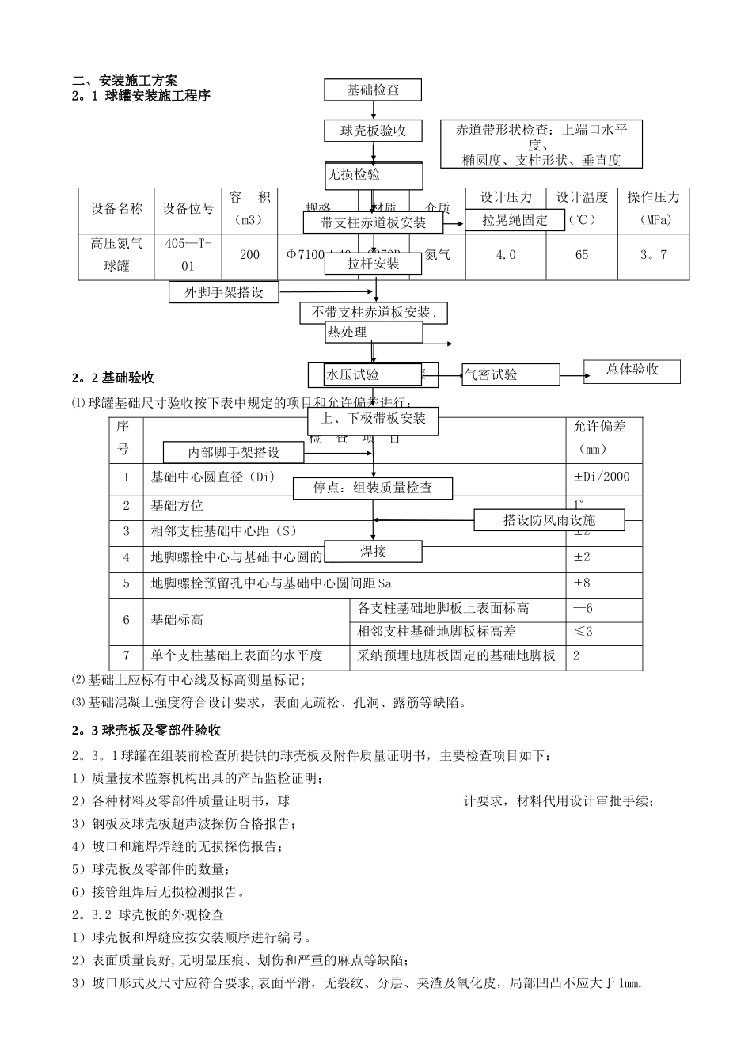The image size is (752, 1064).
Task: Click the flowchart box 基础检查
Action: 373,90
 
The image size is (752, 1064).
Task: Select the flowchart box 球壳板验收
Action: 373,131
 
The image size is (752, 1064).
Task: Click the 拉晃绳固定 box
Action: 515,220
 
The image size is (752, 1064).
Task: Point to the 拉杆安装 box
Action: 373,264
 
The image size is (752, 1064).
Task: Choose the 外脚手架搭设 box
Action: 224,292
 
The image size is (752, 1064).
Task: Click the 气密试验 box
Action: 511,374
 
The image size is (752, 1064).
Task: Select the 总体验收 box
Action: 632,370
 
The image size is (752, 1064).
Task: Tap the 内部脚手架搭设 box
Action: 234,453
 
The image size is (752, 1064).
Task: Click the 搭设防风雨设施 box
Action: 549,520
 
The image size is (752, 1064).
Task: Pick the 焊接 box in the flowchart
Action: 373,551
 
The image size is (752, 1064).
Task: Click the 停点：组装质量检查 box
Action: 373,488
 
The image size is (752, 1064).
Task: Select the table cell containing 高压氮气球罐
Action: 116,255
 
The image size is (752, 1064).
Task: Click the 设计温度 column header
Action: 582,208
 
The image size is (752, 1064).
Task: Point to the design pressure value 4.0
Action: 505,255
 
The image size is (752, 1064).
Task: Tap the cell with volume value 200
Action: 249,255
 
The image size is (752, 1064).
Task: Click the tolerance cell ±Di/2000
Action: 602,477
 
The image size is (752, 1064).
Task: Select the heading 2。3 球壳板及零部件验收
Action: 146,730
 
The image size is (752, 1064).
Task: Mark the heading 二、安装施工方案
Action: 125,80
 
